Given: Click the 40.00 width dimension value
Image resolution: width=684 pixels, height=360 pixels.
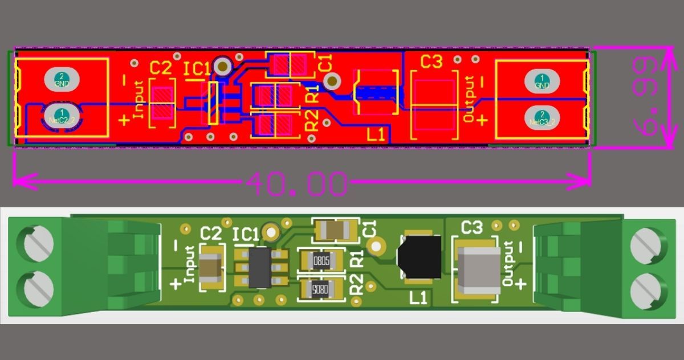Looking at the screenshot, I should pos(296,183).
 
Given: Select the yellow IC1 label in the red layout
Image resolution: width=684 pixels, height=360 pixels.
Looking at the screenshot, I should pos(197,69).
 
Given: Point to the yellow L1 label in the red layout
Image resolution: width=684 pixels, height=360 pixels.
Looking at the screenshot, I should pos(376,135).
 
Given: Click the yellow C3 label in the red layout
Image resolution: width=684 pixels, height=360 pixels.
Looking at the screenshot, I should pos(431,62).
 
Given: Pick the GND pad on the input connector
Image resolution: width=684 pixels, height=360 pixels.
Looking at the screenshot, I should pos(61,80).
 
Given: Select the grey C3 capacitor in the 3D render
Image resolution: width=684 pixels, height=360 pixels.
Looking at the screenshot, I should pos(480,270).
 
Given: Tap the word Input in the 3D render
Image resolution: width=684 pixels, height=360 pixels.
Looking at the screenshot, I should pos(190,263).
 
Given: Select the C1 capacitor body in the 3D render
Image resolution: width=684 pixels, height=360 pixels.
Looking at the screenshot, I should pos(336,230).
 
